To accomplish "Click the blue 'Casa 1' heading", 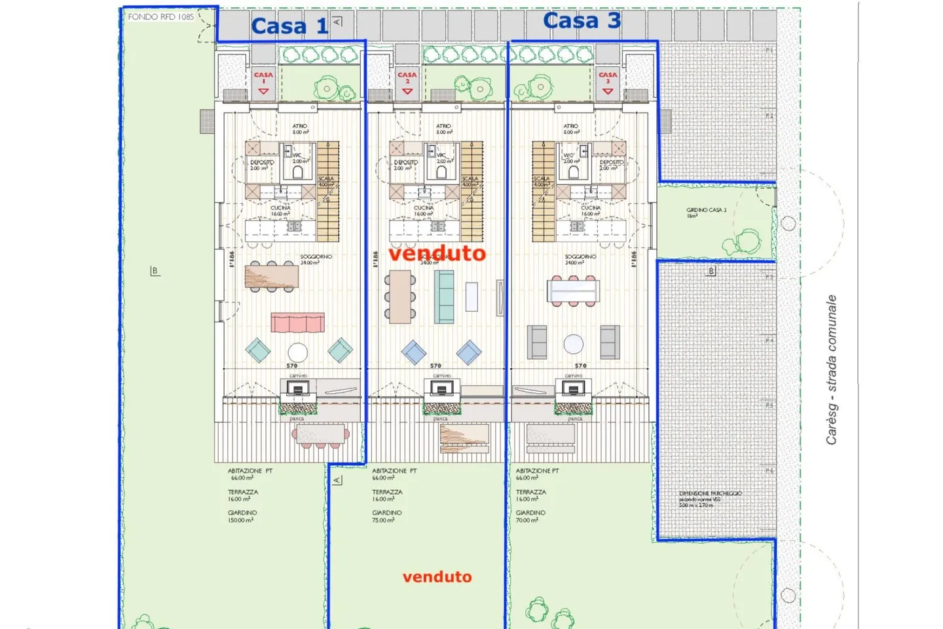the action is click(289, 26).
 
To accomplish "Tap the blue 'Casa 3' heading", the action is click(582, 21).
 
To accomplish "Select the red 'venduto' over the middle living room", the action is click(437, 253).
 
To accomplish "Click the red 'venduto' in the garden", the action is click(437, 577).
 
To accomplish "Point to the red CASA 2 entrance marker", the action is click(407, 83).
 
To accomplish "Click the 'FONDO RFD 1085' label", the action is click(161, 16).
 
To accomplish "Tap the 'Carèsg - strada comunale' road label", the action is click(831, 370).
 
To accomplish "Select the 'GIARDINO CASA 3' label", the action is click(706, 212).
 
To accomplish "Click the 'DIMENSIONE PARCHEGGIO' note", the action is click(710, 499).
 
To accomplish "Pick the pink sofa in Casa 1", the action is click(298, 322).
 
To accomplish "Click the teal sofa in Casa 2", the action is click(444, 297).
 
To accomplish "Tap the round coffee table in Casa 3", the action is click(574, 343).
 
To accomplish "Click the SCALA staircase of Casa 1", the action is click(328, 191).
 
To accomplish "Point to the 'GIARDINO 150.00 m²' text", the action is click(242, 516).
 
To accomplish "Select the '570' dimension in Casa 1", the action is click(292, 366).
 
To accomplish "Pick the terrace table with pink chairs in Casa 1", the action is click(320, 434).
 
